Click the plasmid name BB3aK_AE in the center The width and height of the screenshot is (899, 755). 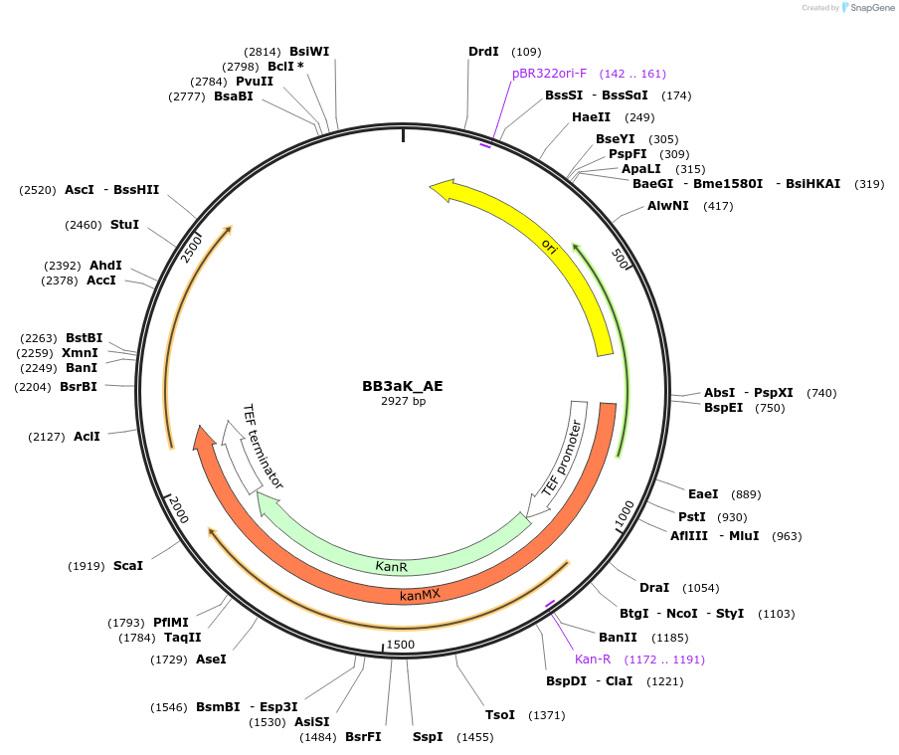[x=402, y=386]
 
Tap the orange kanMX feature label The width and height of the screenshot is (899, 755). [x=420, y=595]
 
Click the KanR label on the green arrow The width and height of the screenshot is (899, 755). [x=392, y=566]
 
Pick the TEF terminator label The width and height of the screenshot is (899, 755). [x=264, y=447]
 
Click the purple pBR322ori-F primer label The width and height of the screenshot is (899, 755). [x=549, y=74]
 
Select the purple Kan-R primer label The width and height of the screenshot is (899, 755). [x=593, y=659]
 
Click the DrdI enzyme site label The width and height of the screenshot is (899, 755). [x=483, y=51]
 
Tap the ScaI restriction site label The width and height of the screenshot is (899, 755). [x=128, y=565]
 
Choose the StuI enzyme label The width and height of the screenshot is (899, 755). [x=124, y=225]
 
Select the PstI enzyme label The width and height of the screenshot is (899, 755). [x=692, y=516]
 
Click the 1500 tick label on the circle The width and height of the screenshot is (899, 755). [x=400, y=645]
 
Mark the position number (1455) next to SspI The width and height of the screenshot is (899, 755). [x=474, y=737]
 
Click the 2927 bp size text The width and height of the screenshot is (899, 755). [x=403, y=401]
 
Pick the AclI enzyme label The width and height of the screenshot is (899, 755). [x=87, y=436]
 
